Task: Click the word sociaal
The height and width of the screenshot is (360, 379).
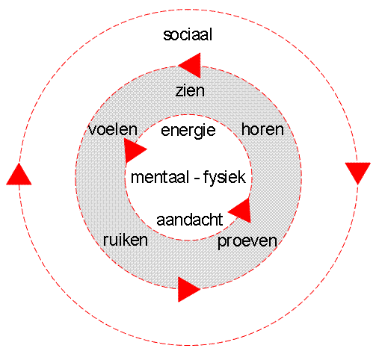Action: coord(188,34)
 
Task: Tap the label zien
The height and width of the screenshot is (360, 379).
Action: coord(190,90)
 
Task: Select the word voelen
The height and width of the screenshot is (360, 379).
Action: coord(113,129)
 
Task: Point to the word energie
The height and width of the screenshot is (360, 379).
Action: coord(188,131)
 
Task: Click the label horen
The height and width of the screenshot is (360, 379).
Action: coord(262,129)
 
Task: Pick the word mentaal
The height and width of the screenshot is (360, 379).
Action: coord(160,177)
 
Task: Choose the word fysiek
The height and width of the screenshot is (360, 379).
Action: coord(224,178)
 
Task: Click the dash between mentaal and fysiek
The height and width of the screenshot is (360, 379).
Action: coord(196,179)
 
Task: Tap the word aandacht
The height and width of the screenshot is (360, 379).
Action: coord(190,220)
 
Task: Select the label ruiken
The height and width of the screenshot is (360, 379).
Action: coord(126,240)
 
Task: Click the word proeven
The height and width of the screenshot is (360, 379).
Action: coord(247,241)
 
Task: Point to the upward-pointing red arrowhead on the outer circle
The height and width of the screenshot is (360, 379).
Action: coord(19,174)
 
